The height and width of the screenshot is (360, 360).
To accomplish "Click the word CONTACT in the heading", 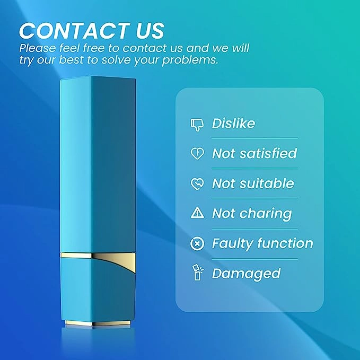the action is [x=73, y=31].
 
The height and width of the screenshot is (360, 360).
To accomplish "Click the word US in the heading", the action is [x=150, y=31].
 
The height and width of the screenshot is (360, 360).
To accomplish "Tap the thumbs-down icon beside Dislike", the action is [x=197, y=125].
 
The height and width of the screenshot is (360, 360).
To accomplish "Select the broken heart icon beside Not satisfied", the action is [x=197, y=153].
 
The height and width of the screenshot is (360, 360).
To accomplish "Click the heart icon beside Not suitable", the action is [x=197, y=184].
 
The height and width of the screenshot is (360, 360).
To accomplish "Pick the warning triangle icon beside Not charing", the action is [x=197, y=213].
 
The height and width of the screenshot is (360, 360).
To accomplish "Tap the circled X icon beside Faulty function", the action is [x=197, y=243].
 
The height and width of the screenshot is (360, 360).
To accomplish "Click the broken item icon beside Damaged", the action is [x=197, y=273].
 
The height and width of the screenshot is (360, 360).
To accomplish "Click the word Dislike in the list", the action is [x=233, y=124].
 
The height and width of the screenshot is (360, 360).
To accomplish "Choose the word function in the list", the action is [x=285, y=243].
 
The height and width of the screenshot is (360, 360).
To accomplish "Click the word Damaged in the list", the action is [x=246, y=274].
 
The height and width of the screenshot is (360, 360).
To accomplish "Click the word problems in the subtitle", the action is [x=190, y=60].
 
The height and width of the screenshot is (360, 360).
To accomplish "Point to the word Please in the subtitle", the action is [x=38, y=48].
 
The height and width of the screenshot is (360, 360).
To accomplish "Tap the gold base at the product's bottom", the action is [x=98, y=323].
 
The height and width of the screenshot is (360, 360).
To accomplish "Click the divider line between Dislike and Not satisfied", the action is [x=254, y=138].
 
